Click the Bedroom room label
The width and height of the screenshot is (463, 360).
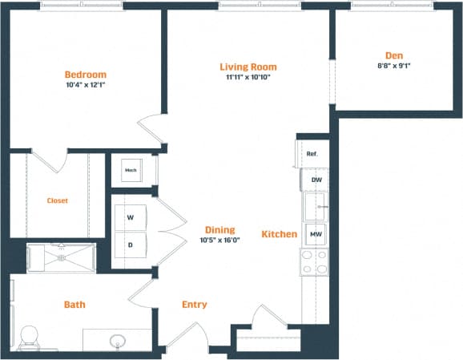click(x=86, y=75)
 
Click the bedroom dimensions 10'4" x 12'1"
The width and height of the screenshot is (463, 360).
click(x=86, y=85)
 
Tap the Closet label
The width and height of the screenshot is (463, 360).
click(x=57, y=200)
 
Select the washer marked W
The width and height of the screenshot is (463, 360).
click(x=130, y=216)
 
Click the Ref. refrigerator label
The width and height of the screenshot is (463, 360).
click(x=312, y=154)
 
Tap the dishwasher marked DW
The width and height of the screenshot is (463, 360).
click(x=316, y=180)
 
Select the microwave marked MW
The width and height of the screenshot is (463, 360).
click(x=316, y=233)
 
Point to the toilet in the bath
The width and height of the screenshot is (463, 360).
click(x=30, y=337)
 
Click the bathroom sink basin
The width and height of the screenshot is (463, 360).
click(x=118, y=342)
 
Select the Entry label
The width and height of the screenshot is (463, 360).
click(x=194, y=304)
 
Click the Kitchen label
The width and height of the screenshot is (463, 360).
click(x=279, y=234)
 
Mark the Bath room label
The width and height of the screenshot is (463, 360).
click(x=74, y=305)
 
